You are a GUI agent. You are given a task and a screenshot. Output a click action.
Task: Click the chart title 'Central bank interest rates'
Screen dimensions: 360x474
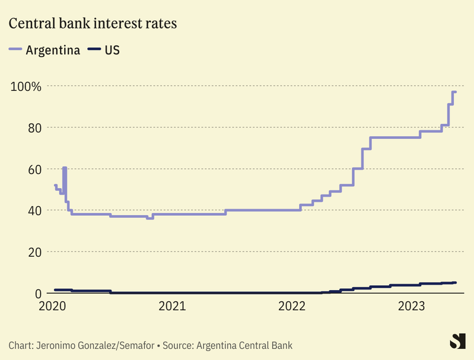(x=93, y=24)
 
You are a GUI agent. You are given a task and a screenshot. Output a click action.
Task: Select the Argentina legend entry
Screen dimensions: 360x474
(x=45, y=50)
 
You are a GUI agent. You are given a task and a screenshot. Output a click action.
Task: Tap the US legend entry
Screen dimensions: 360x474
(x=104, y=50)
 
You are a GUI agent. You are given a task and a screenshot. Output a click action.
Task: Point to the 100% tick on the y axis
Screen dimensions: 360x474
(x=26, y=87)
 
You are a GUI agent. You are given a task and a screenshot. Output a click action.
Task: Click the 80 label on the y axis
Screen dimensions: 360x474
(x=34, y=128)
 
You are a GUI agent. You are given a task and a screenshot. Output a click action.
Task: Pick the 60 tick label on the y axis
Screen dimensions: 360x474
(x=34, y=169)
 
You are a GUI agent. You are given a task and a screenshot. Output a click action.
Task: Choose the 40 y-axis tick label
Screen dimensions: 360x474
(x=34, y=211)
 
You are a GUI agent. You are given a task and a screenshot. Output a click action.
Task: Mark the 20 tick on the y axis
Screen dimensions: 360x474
(x=34, y=252)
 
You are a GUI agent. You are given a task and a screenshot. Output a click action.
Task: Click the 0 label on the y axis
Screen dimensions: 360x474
(x=37, y=294)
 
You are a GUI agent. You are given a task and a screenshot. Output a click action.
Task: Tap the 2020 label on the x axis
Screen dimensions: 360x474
(x=53, y=307)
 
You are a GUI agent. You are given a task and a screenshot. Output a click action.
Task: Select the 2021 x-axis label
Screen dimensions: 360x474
(x=172, y=307)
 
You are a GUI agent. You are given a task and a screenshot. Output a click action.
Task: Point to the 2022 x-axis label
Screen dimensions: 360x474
(x=292, y=307)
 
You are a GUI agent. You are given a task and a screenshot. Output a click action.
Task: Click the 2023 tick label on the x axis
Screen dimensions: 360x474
(x=411, y=307)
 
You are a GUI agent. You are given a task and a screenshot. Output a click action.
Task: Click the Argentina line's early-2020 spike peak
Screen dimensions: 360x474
(x=64, y=168)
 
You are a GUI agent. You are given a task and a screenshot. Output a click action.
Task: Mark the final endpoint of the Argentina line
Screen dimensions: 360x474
(x=455, y=92)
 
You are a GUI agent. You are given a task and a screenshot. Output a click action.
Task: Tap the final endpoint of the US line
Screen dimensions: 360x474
(x=455, y=282)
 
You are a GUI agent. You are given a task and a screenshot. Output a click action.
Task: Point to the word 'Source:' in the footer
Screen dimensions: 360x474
(x=177, y=345)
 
